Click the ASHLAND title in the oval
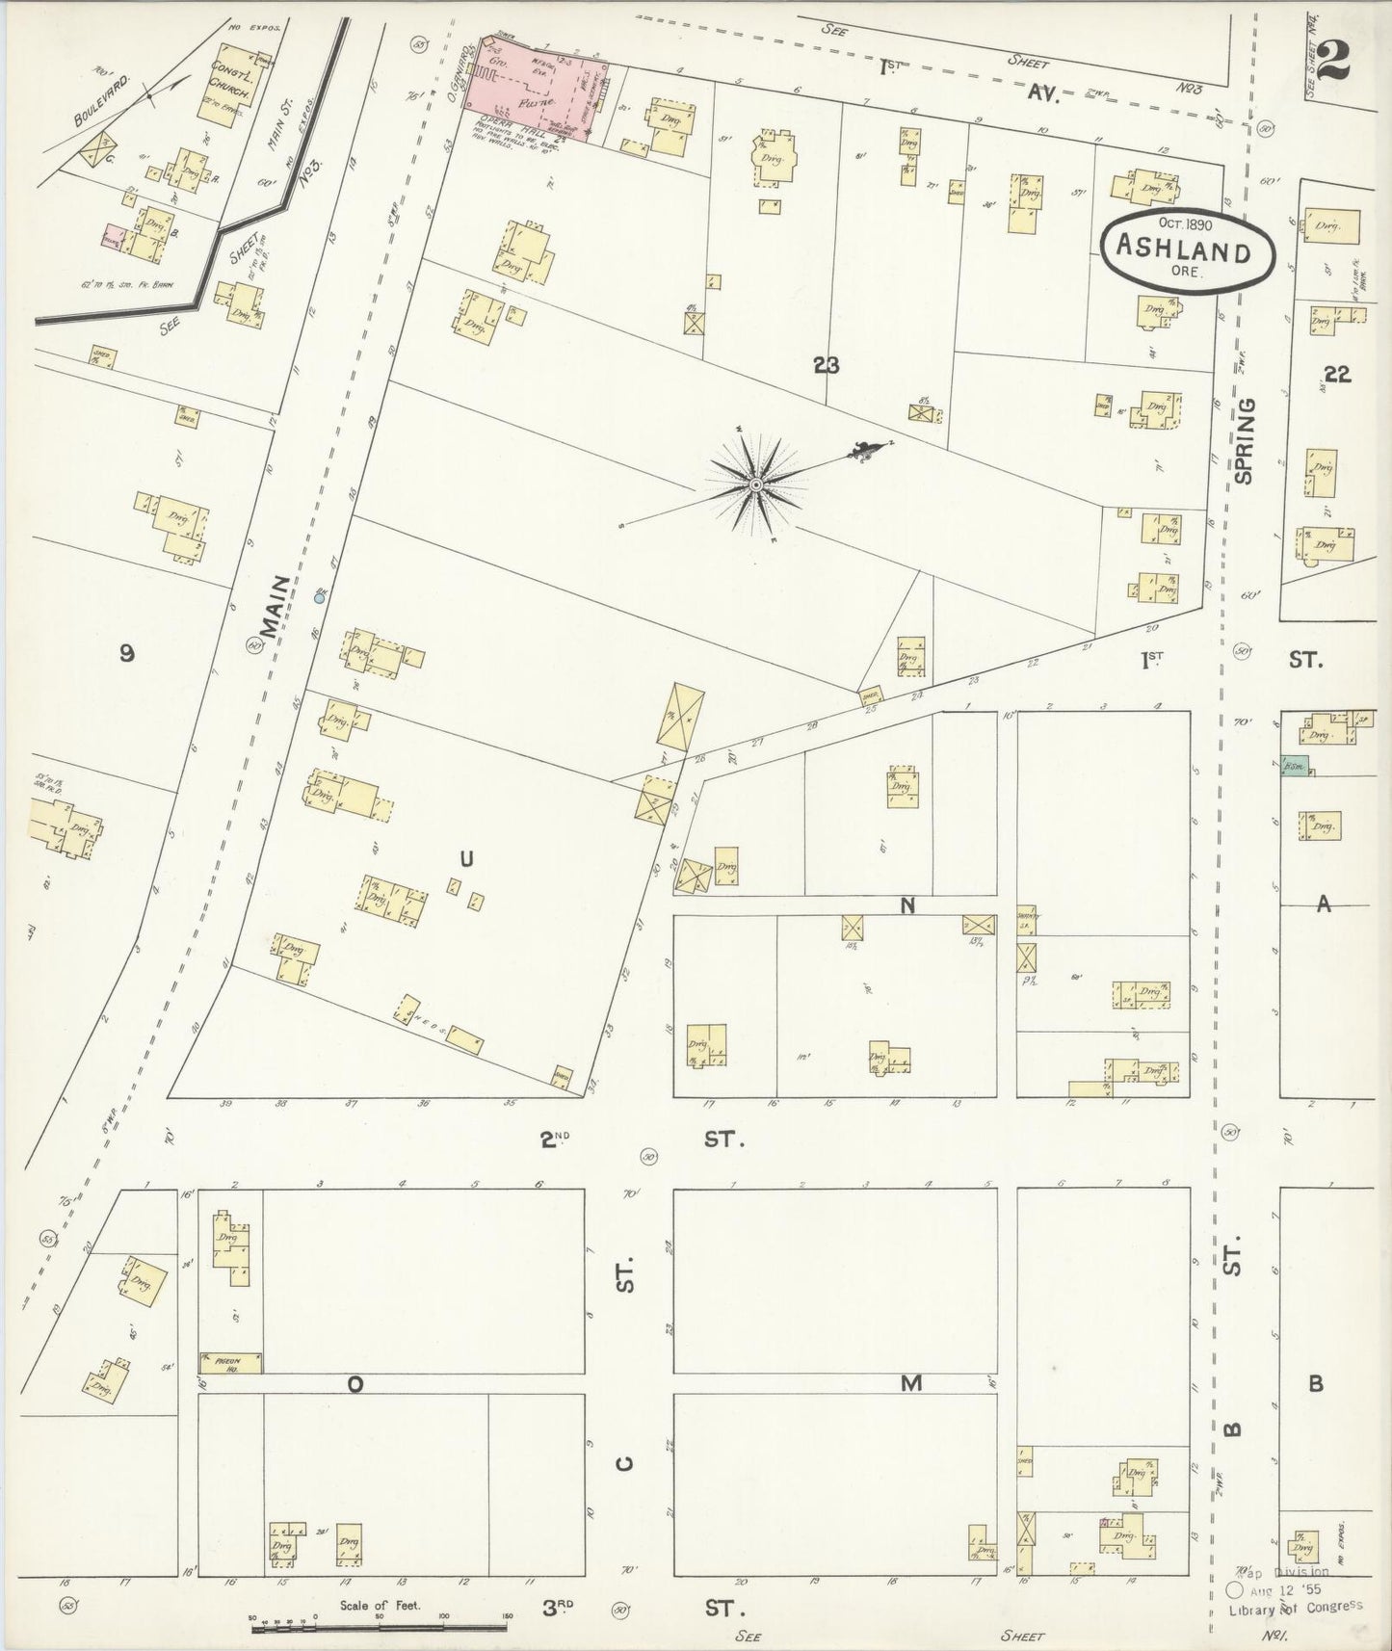1183,252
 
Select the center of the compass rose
757,484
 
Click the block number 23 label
826,365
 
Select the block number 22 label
1337,375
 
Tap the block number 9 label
126,654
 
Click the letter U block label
466,858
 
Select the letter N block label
906,905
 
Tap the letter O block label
355,1384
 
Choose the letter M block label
910,1383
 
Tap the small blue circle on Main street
320,597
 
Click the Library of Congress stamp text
1294,1606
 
